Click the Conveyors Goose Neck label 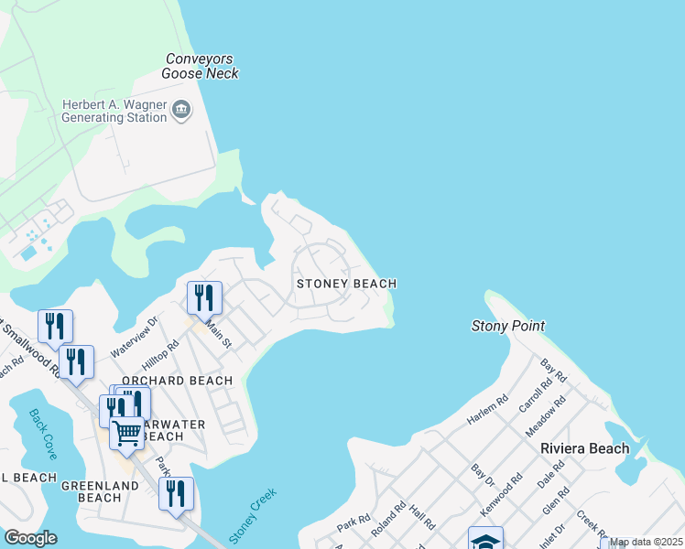point(201,65)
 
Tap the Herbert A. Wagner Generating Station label point(114,111)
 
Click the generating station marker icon point(181,111)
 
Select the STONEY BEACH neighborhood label point(346,284)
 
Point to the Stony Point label point(508,326)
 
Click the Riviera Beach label point(585,448)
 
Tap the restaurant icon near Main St point(204,298)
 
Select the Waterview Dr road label point(135,337)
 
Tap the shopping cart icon point(127,432)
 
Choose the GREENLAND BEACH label point(92,491)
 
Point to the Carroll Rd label point(532,394)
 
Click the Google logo point(30,538)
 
